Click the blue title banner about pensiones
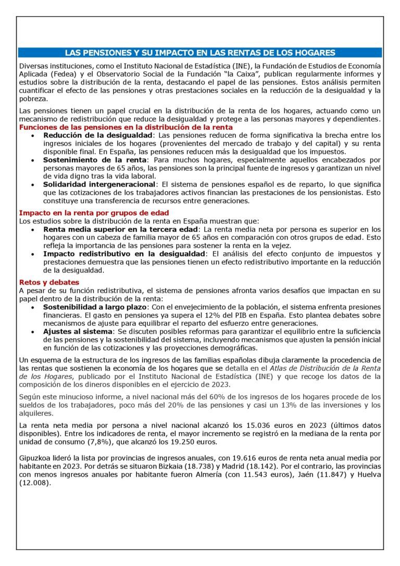200,53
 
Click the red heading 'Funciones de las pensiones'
126,127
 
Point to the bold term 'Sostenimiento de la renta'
95,159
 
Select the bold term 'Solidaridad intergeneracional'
99,184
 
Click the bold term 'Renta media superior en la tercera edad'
121,229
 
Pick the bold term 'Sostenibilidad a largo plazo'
95,307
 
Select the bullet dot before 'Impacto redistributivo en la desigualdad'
34,254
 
